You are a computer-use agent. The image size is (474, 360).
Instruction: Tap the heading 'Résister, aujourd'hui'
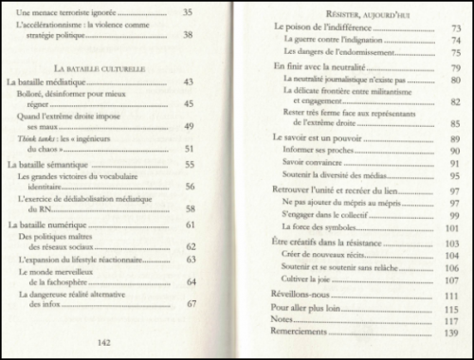362,15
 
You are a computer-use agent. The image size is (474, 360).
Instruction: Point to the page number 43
189,83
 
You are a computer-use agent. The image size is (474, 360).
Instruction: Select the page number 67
191,303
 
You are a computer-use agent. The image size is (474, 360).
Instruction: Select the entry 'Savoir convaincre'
315,163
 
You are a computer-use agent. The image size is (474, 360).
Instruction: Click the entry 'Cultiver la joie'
310,281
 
